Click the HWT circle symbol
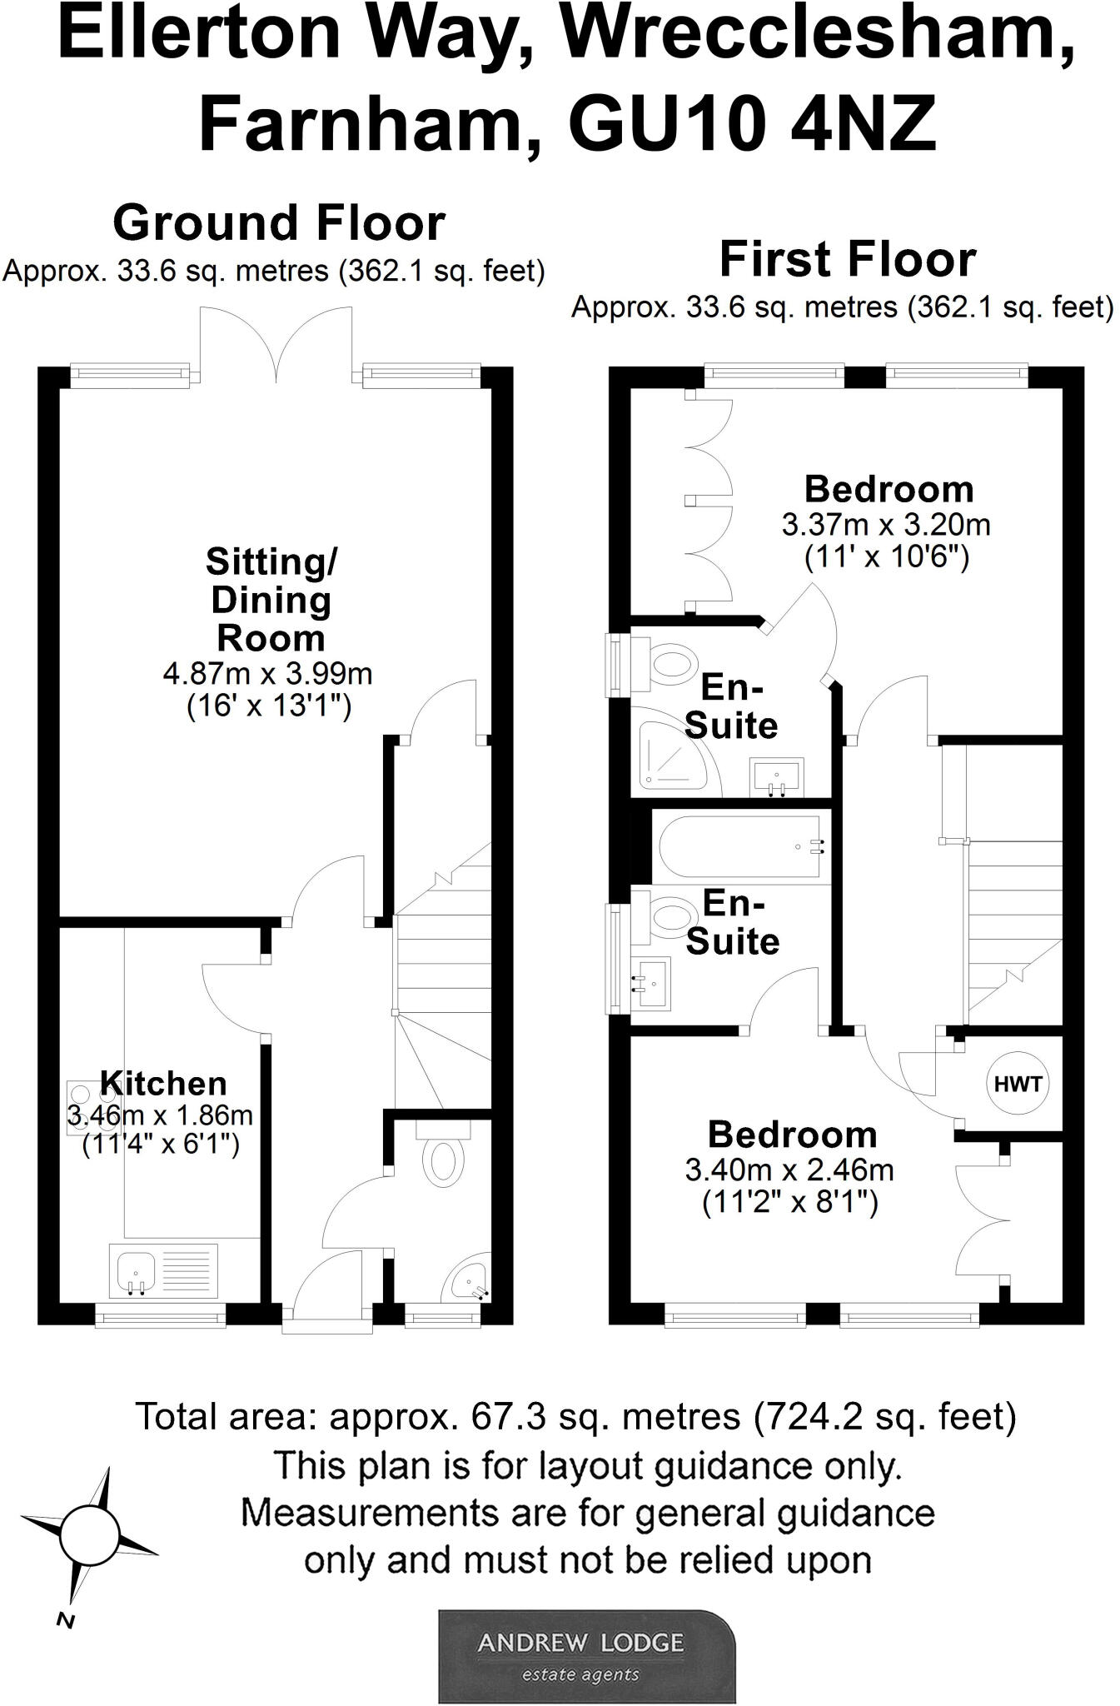point(1018,1084)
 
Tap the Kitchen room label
point(163,1083)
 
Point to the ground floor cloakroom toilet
point(442,1159)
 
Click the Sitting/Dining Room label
point(271,600)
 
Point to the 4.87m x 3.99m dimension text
point(268,672)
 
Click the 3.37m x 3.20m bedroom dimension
point(886,525)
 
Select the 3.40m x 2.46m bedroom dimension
point(789,1170)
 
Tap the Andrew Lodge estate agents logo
point(587,1655)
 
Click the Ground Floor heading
point(279,223)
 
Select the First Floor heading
point(847,259)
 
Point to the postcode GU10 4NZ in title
point(752,124)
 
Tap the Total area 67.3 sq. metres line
point(575,1416)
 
